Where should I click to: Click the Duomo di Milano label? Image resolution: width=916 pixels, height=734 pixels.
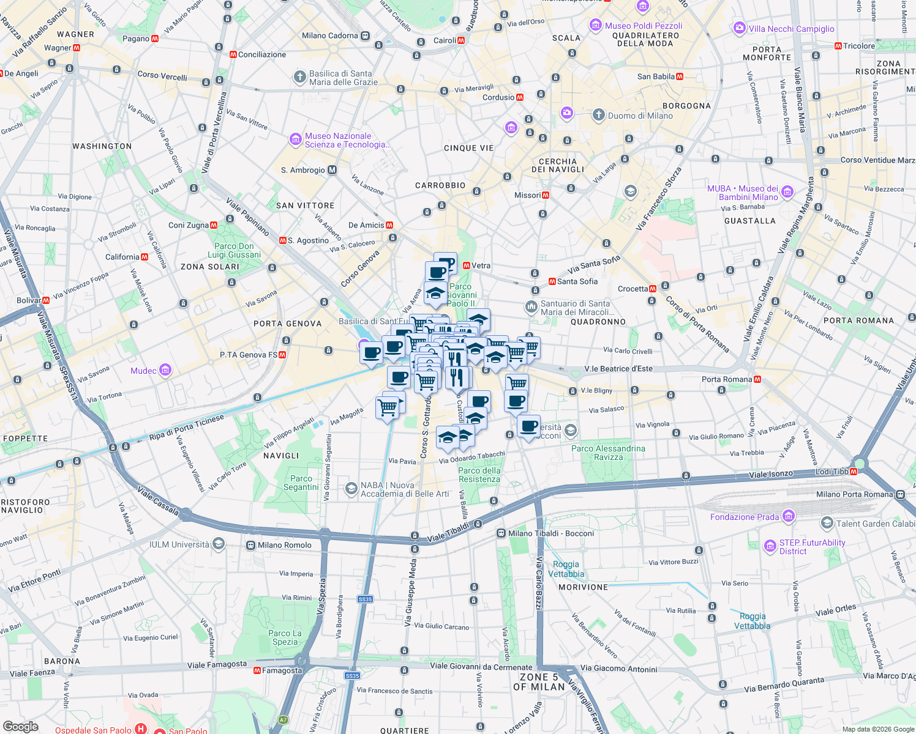[x=640, y=116]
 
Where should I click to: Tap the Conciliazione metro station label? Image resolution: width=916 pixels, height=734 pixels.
[x=261, y=54]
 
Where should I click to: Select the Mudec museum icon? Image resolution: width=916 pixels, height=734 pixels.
[x=165, y=370]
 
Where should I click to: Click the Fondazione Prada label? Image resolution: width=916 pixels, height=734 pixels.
[x=744, y=517]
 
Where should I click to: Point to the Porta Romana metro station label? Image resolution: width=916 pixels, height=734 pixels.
[x=727, y=379]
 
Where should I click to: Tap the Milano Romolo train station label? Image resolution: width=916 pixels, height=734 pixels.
[x=284, y=545]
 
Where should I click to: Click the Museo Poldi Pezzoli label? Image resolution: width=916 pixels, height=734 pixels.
[x=643, y=26]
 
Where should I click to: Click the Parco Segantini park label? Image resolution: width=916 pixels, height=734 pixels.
[x=301, y=483]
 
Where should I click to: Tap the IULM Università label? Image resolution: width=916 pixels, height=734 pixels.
[x=179, y=544]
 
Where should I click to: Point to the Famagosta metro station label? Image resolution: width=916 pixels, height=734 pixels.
[x=282, y=670]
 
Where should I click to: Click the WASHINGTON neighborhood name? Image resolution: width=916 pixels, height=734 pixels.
[x=102, y=146]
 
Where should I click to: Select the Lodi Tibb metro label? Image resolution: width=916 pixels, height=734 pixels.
[x=832, y=472]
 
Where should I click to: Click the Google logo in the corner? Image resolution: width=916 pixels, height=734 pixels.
[x=20, y=727]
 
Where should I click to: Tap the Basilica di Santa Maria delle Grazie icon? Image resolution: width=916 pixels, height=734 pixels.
[x=299, y=77]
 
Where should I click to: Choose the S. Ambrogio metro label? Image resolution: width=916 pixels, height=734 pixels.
[x=303, y=170]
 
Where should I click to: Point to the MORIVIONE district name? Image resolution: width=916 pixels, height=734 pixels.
[x=583, y=587]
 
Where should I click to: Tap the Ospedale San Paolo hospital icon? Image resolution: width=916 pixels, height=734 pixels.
[x=141, y=729]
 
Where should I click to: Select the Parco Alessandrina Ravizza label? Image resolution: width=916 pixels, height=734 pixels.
[x=608, y=453]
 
